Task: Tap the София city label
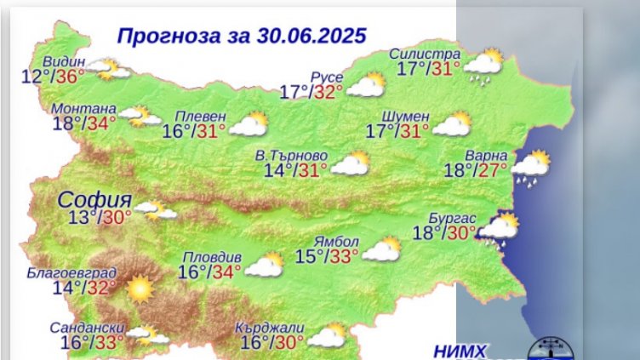coord(89,201)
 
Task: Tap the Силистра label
coord(423,54)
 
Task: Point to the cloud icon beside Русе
coord(366,85)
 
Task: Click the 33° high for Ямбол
coord(341,255)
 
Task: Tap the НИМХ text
coord(460,351)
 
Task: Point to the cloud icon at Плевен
coord(249,125)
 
